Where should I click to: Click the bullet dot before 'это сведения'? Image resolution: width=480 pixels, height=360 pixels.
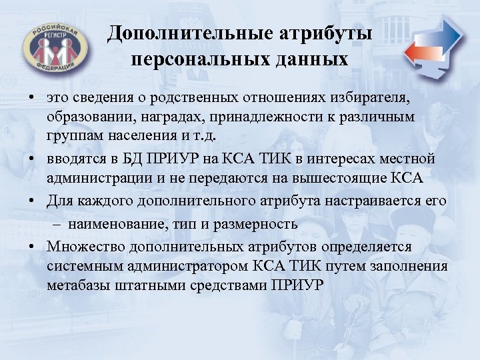(31, 99)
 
